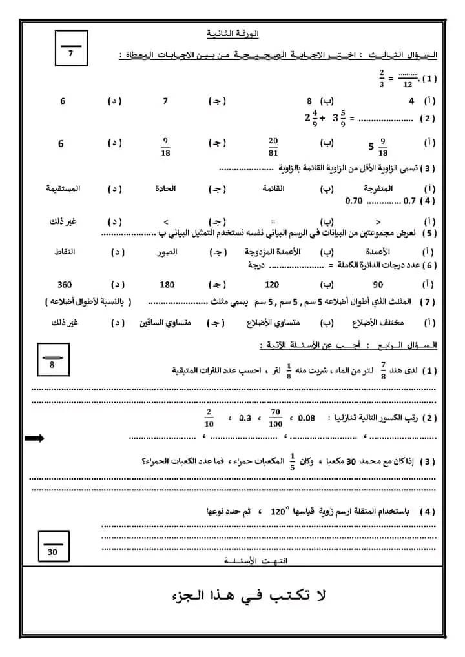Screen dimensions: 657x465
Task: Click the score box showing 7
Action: click(x=71, y=48)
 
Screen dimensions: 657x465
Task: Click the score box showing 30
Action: click(x=53, y=544)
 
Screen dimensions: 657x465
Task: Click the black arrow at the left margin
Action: click(x=34, y=439)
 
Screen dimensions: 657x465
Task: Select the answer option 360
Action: click(x=65, y=285)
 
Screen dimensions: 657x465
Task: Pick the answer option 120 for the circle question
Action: click(x=272, y=285)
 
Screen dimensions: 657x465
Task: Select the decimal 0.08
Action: click(x=307, y=418)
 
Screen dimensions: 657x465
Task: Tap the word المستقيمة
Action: click(x=63, y=188)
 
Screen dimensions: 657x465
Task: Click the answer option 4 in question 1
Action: click(x=411, y=101)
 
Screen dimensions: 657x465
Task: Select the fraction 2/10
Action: click(x=209, y=418)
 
